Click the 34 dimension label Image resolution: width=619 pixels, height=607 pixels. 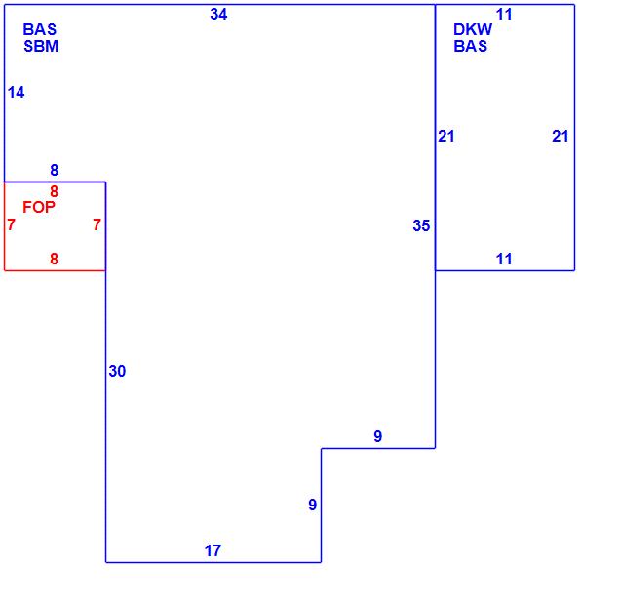coord(218,15)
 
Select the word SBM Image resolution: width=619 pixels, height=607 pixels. coord(41,46)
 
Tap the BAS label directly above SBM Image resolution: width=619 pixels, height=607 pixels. coord(40,30)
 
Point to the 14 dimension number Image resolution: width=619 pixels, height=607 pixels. coord(16,93)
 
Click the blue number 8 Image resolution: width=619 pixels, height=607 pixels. coord(55,171)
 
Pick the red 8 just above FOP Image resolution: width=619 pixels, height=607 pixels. coord(55,192)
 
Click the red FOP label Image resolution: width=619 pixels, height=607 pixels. coord(39,207)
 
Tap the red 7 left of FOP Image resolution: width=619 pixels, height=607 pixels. coord(11,225)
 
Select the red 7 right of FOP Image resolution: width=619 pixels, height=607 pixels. coord(97,225)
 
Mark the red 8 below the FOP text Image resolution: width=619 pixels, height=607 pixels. coord(55,260)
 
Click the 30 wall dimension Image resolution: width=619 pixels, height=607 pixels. coord(117,372)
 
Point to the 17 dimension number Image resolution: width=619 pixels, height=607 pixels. coord(213,551)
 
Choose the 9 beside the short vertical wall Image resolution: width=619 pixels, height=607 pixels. coord(312,506)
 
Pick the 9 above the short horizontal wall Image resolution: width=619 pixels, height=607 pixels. coord(378,437)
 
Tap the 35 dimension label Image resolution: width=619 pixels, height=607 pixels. coord(421,226)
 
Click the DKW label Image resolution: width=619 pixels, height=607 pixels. coord(473,30)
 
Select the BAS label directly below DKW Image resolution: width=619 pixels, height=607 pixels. coord(471,46)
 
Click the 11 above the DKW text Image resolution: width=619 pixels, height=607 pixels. coord(504,15)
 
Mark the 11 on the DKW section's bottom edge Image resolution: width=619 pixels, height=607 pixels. coord(504,260)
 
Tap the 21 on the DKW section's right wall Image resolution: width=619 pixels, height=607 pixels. coord(560,137)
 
